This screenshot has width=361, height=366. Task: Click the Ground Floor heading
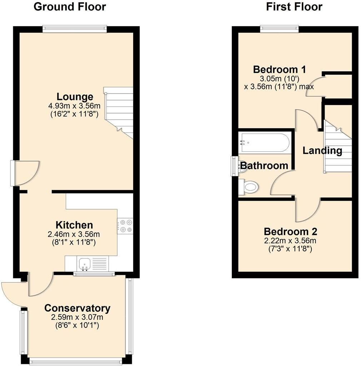point(70,7)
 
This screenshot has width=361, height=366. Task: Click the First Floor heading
point(294,7)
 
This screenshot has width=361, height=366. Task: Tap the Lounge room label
point(75,97)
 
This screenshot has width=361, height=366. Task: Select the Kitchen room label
point(74,225)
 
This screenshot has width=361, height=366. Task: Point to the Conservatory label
point(77,308)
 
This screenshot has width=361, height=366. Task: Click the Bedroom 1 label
point(279,70)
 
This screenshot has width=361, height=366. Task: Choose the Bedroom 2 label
point(291,231)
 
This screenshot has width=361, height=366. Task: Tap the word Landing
point(322,151)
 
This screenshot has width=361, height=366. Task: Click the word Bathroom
point(264,166)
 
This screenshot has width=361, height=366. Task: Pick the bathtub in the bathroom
point(265,142)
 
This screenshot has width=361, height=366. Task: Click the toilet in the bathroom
point(249,187)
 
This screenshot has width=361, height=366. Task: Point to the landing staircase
point(337,146)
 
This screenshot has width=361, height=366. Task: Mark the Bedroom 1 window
point(280,29)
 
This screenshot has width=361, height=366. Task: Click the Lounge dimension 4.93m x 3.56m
point(74,106)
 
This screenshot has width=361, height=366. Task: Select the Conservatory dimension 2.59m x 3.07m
point(77,317)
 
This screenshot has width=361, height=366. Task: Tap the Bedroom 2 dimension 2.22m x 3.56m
point(290,241)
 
